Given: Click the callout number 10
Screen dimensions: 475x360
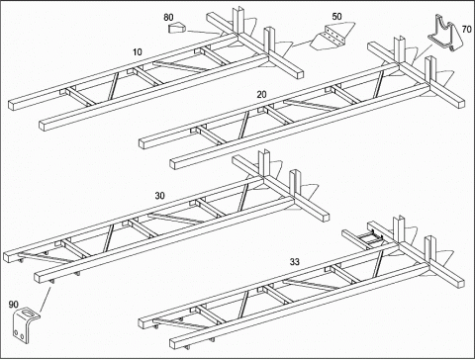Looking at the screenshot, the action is [138, 52].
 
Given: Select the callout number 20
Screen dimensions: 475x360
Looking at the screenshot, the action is [261, 95].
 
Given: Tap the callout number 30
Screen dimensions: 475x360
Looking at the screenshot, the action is [159, 196].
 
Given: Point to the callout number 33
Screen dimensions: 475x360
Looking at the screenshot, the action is [295, 262].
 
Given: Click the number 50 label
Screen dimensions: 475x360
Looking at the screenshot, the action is [336, 17].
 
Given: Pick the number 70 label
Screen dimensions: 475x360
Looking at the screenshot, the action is [466, 30].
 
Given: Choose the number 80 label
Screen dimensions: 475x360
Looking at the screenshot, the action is [168, 17].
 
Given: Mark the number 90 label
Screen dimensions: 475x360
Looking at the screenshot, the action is [13, 305].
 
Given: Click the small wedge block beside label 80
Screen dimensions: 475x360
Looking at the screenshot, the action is [177, 28].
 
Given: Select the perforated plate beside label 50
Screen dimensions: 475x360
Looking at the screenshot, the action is [331, 38].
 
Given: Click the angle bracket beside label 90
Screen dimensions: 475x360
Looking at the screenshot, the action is [22, 323].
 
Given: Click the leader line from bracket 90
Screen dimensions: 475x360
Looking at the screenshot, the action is [46, 300].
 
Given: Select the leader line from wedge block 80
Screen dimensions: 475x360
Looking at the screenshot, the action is [202, 32].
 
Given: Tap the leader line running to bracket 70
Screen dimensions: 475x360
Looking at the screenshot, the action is [424, 51].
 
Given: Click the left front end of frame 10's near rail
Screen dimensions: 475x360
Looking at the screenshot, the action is [45, 126].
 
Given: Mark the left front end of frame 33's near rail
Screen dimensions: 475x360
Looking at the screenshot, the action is [175, 343].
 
